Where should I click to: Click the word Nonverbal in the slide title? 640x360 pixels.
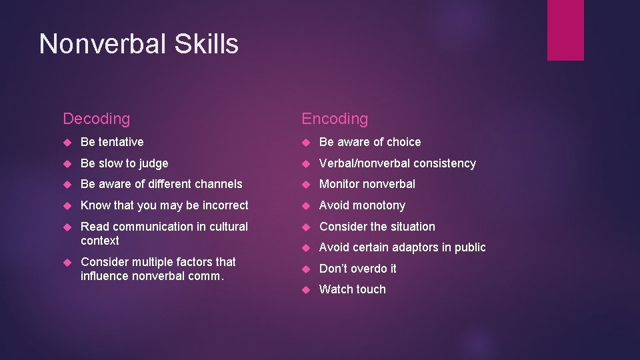point(99,44)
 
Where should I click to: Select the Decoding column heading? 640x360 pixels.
point(96,119)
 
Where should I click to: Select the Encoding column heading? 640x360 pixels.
point(335,119)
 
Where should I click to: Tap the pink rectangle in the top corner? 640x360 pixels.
point(565,30)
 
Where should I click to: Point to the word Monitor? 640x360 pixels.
point(340,184)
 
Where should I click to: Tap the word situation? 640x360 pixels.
point(411,227)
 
